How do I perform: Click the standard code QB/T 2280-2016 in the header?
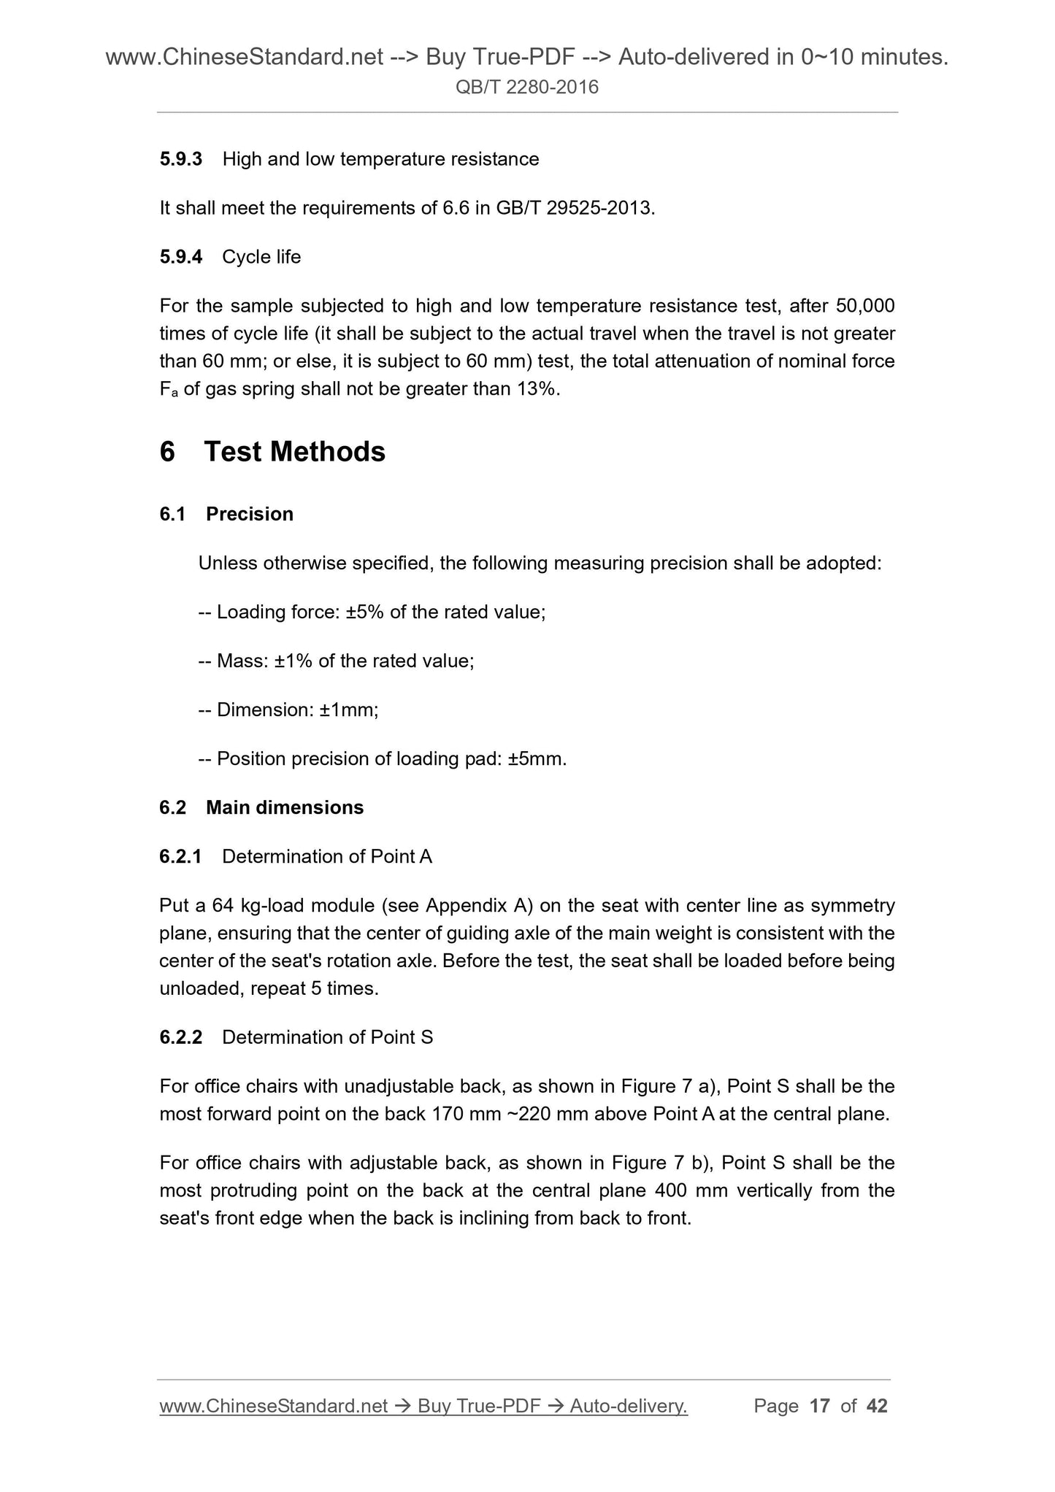tap(526, 88)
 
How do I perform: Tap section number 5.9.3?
tap(180, 159)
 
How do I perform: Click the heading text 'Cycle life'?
tap(261, 257)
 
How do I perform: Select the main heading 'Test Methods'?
tap(294, 452)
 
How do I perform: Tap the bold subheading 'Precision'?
tap(250, 514)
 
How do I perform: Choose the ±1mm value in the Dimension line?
tap(348, 710)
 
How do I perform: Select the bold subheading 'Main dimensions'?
tap(285, 807)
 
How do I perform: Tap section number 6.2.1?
tap(180, 856)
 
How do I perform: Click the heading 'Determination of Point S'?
tap(328, 1037)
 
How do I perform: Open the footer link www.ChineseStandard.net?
tap(273, 1406)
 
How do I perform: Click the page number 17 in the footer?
tap(820, 1406)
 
